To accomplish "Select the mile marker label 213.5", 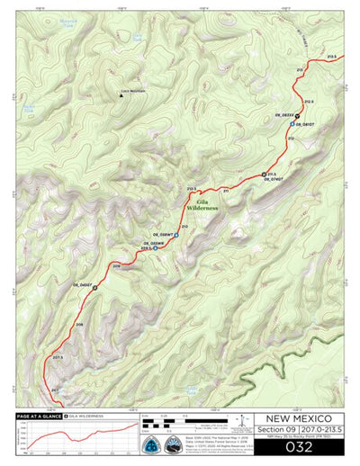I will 332,58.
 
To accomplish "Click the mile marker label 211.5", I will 271,174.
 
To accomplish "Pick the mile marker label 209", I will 116,266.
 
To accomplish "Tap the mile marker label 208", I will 79,325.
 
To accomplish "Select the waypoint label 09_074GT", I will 274,180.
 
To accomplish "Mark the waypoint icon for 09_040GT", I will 94,288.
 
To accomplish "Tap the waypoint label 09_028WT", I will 163,234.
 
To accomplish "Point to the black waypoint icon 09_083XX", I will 297,115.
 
